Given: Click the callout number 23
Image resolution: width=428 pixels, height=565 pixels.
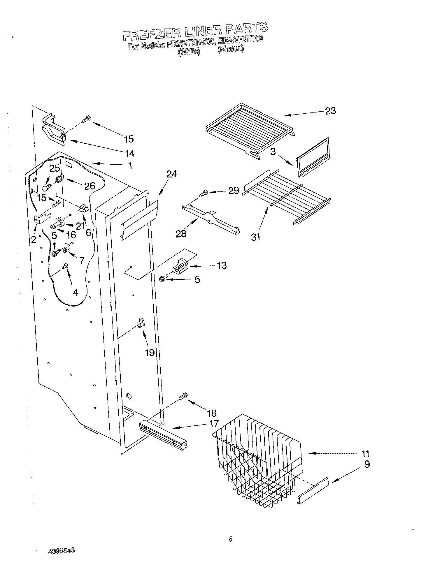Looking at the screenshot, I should (331, 111).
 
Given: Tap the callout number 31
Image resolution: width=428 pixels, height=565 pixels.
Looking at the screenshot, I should (255, 237).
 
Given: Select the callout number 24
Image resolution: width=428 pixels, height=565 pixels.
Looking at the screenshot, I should (172, 174).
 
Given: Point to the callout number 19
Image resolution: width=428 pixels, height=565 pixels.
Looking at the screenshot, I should (150, 353).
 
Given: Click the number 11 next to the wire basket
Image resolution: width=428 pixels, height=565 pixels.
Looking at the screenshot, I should (365, 454).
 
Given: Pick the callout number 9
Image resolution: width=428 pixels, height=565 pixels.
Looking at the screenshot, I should (367, 464).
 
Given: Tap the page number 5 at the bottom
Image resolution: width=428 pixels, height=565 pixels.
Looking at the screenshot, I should (230, 539).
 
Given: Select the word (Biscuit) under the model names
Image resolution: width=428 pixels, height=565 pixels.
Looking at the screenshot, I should (230, 50).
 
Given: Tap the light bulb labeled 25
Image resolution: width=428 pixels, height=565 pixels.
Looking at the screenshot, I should (45, 187).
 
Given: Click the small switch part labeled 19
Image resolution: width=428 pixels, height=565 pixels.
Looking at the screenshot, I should (141, 324).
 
